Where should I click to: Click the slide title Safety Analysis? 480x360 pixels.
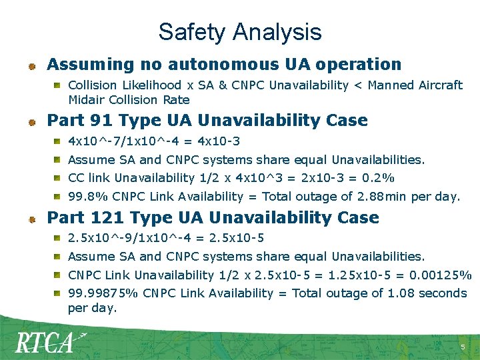tap(240, 32)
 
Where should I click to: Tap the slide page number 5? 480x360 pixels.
tap(463, 347)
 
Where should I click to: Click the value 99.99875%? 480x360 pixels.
tap(103, 293)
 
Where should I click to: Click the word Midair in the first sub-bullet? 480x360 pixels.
tap(85, 100)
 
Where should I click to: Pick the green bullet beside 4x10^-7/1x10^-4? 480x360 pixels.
tap(59, 141)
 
